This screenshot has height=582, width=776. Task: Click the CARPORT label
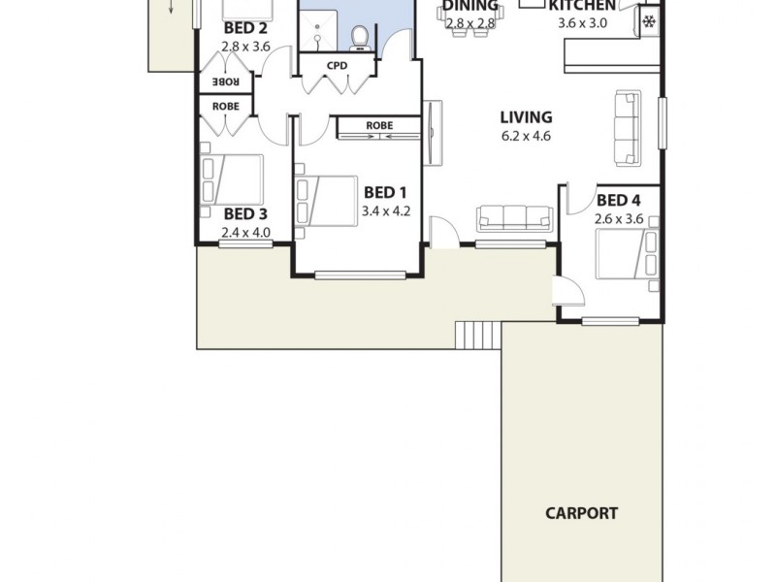tap(581, 513)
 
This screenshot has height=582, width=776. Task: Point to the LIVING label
tap(527, 116)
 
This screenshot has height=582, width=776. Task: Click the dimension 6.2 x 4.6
tap(527, 136)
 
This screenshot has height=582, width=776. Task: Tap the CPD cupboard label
tap(338, 66)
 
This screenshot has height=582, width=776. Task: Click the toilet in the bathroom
tap(360, 37)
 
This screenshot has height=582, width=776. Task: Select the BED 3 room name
tap(244, 213)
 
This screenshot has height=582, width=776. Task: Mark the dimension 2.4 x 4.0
tap(244, 233)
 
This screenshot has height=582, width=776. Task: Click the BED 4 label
tap(618, 201)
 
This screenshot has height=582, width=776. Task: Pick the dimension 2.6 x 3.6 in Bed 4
tap(619, 219)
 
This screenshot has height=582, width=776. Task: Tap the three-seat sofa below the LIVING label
tap(514, 218)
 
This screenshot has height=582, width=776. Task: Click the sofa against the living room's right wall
tap(628, 128)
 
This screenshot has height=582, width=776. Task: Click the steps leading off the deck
tap(478, 335)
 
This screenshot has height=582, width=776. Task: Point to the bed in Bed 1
tap(327, 201)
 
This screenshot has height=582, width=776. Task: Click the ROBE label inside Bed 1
tap(379, 125)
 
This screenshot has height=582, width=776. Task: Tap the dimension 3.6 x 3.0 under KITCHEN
tap(582, 23)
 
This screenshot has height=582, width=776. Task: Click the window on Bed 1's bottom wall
tap(360, 275)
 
